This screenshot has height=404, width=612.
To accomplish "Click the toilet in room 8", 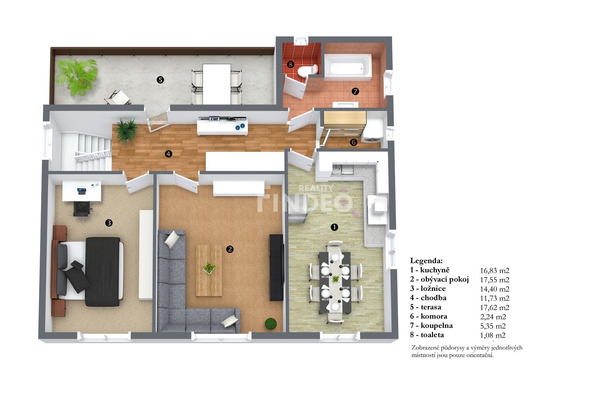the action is (308, 71).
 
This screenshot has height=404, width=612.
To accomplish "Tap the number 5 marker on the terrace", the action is (160, 80).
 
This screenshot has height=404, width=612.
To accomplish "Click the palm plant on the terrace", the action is (76, 77).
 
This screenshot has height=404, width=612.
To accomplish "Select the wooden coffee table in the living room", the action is (209, 270).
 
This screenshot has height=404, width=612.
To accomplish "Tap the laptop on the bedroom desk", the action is (81, 191).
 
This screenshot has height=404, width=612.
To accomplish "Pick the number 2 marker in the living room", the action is (230, 249).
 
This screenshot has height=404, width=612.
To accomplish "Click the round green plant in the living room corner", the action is (271, 324).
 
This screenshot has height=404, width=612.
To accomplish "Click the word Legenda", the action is (426, 261).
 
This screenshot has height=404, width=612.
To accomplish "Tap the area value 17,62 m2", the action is (495, 307).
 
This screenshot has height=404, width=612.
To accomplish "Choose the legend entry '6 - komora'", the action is (429, 316).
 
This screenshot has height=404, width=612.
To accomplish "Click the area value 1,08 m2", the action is (492, 335).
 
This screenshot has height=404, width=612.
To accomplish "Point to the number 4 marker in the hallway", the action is (168, 154).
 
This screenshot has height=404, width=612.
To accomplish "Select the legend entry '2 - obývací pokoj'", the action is (439, 280).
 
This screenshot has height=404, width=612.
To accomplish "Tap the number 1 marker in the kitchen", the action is (334, 227).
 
